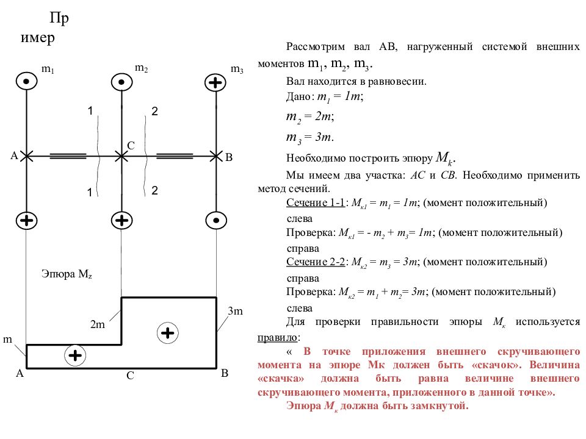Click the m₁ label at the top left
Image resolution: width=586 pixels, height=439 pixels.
tap(48, 70)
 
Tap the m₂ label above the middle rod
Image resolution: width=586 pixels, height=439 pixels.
tap(141, 68)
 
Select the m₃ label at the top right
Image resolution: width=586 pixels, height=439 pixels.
tap(237, 69)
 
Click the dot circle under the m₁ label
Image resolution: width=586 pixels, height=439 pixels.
tap(26, 81)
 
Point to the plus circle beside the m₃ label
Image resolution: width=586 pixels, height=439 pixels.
tap(215, 82)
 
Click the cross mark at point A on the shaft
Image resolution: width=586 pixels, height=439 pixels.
tap(26, 156)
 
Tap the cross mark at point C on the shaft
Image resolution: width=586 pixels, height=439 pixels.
tap(121, 156)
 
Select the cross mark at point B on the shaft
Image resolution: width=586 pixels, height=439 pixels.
tap(216, 156)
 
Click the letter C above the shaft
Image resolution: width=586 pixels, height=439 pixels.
tap(131, 146)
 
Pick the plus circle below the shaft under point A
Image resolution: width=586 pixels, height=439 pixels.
tap(26, 220)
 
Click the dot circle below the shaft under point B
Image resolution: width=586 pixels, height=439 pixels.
tap(216, 220)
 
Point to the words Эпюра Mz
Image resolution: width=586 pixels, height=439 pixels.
tap(67, 274)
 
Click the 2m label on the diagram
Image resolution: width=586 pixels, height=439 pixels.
tap(98, 324)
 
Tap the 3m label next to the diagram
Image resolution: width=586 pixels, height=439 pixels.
tap(236, 311)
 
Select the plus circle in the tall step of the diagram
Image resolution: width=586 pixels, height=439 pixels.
tap(167, 333)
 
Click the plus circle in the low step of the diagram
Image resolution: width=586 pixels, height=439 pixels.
tap(75, 355)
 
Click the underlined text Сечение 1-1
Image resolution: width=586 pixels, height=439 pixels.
tap(316, 202)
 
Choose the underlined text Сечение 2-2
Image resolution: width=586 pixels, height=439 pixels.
tap(316, 262)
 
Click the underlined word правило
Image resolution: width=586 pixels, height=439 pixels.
tap(277, 337)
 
